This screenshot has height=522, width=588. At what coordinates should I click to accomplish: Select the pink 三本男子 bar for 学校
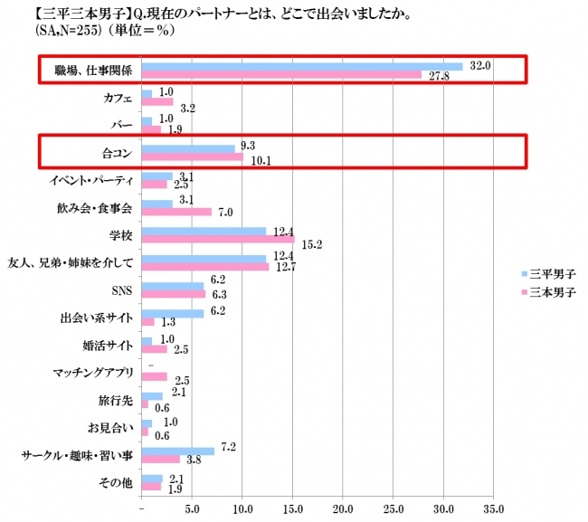click(x=218, y=240)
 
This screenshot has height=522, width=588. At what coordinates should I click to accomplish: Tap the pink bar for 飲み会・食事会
click(x=177, y=212)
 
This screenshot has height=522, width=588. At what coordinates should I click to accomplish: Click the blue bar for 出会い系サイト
click(x=173, y=313)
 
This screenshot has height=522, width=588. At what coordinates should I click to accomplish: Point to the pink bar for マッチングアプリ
click(x=155, y=377)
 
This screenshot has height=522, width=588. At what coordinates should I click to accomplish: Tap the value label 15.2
click(x=311, y=244)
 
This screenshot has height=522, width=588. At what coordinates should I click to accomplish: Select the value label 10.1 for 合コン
click(x=261, y=163)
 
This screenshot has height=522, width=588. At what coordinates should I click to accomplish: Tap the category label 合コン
click(x=116, y=153)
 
